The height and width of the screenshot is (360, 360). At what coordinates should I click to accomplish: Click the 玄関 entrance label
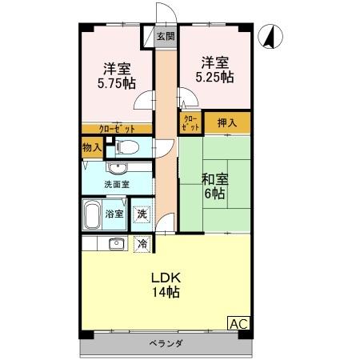pyautogui.click(x=165, y=36)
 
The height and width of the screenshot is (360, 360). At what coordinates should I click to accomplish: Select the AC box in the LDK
pyautogui.click(x=238, y=323)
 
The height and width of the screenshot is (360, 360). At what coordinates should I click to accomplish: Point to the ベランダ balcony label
pyautogui.click(x=166, y=344)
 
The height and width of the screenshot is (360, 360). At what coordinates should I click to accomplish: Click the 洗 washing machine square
pyautogui.click(x=142, y=214)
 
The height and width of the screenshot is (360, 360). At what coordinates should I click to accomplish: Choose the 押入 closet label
pyautogui.click(x=226, y=123)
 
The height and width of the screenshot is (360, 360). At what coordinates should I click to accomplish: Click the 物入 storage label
pyautogui.click(x=92, y=147)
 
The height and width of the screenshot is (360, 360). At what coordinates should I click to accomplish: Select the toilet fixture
pyautogui.click(x=129, y=146)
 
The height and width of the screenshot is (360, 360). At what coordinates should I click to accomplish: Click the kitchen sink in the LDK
pyautogui.click(x=116, y=243)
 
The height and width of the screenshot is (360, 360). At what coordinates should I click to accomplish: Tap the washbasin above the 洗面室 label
pyautogui.click(x=118, y=168)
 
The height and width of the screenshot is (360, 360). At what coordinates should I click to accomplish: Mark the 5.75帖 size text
pyautogui.click(x=116, y=82)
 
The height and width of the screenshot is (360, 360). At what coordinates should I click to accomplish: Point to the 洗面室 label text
pyautogui.click(x=117, y=185)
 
